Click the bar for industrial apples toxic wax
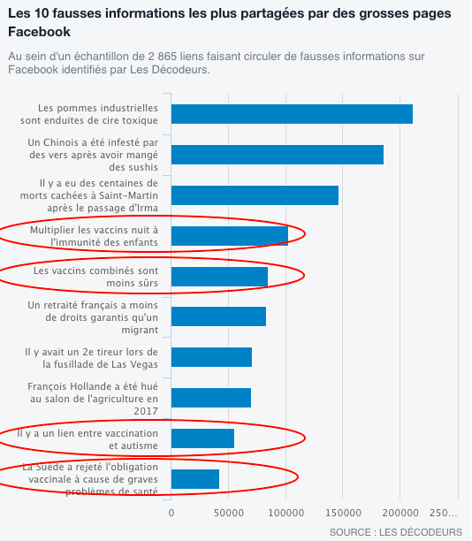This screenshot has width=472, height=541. pyautogui.click(x=292, y=114)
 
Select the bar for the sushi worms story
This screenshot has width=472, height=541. pyautogui.click(x=278, y=155)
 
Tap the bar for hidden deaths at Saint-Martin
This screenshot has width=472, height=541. pyautogui.click(x=255, y=195)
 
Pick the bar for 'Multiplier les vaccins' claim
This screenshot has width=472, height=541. pyautogui.click(x=230, y=236)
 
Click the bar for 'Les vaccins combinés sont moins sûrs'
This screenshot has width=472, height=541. pyautogui.click(x=219, y=277)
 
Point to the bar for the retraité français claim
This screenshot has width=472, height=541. pyautogui.click(x=218, y=316)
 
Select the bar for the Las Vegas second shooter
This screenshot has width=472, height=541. pyautogui.click(x=211, y=357)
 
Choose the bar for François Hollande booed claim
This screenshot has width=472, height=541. pyautogui.click(x=211, y=398)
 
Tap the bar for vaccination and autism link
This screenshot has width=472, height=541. pyautogui.click(x=203, y=438)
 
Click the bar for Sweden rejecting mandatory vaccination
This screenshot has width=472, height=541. pyautogui.click(x=195, y=479)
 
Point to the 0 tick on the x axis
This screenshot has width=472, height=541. pyautogui.click(x=171, y=513)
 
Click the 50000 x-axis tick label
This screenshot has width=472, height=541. pyautogui.click(x=228, y=513)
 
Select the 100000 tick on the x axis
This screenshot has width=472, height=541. pyautogui.click(x=286, y=513)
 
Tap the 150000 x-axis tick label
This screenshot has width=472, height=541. pyautogui.click(x=343, y=513)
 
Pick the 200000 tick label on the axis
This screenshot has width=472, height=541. pyautogui.click(x=400, y=513)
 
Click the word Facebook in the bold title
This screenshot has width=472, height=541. pyautogui.click(x=39, y=32)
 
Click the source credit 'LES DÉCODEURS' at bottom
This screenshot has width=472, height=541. pyautogui.click(x=421, y=532)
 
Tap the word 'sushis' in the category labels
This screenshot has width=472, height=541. pyautogui.click(x=133, y=167)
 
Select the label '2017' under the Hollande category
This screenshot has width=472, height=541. pyautogui.click(x=146, y=411)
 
